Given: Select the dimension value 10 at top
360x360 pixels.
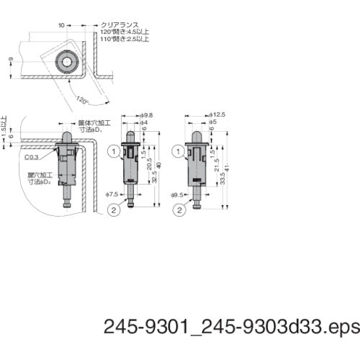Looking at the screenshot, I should [62, 24].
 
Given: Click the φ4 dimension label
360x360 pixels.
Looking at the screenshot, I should [143, 122].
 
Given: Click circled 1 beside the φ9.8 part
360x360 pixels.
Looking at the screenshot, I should [113, 151].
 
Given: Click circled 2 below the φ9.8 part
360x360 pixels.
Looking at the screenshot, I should [113, 211].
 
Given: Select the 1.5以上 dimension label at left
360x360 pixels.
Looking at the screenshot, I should [4, 120].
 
